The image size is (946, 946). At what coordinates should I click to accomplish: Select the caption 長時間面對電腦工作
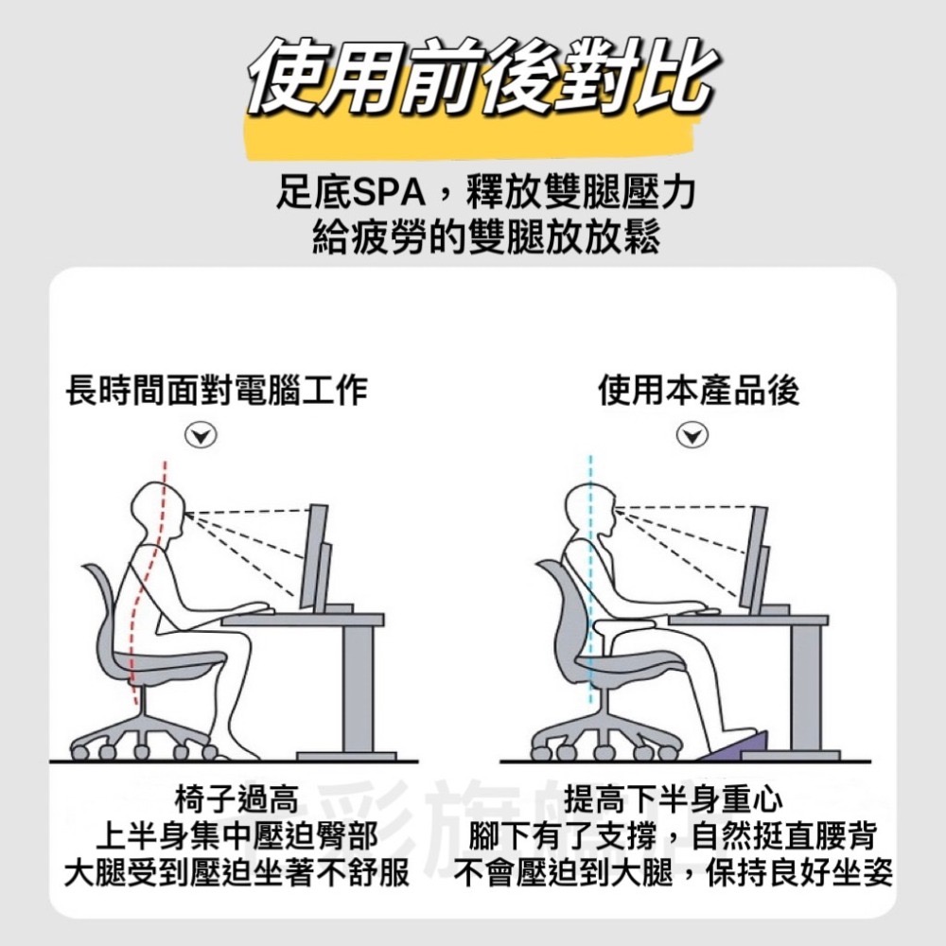[217, 391]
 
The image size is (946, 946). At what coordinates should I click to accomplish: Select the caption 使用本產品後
[699, 391]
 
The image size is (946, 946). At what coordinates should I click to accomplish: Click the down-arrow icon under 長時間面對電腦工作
[199, 435]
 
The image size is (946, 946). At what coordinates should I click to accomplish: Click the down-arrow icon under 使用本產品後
[693, 435]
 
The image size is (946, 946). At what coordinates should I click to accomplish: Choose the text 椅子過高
[236, 801]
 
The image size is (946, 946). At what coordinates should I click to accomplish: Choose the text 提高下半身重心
[674, 801]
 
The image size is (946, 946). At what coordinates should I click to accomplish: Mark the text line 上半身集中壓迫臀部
[236, 836]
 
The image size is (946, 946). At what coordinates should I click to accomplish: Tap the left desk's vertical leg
[357, 686]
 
